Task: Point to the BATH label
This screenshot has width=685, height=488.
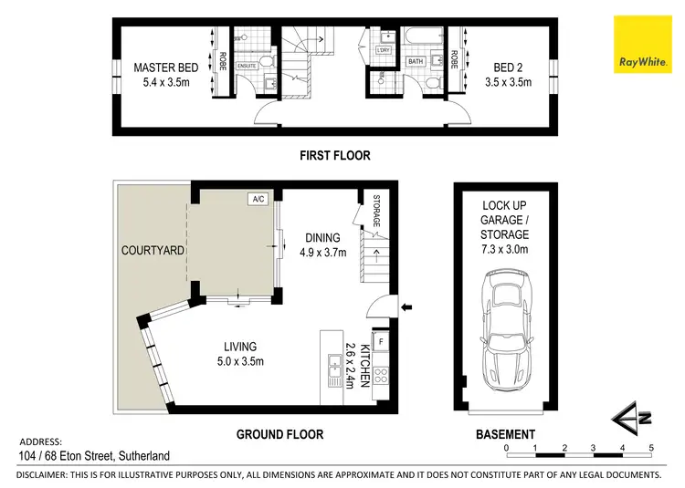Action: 416,62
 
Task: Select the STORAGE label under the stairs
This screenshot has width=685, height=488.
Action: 375,210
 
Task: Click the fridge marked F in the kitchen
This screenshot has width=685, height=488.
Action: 382,343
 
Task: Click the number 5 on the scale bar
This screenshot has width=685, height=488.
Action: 651,448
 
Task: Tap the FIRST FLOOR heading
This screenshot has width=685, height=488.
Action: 335,155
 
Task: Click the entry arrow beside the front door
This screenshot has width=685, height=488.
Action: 407,306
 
